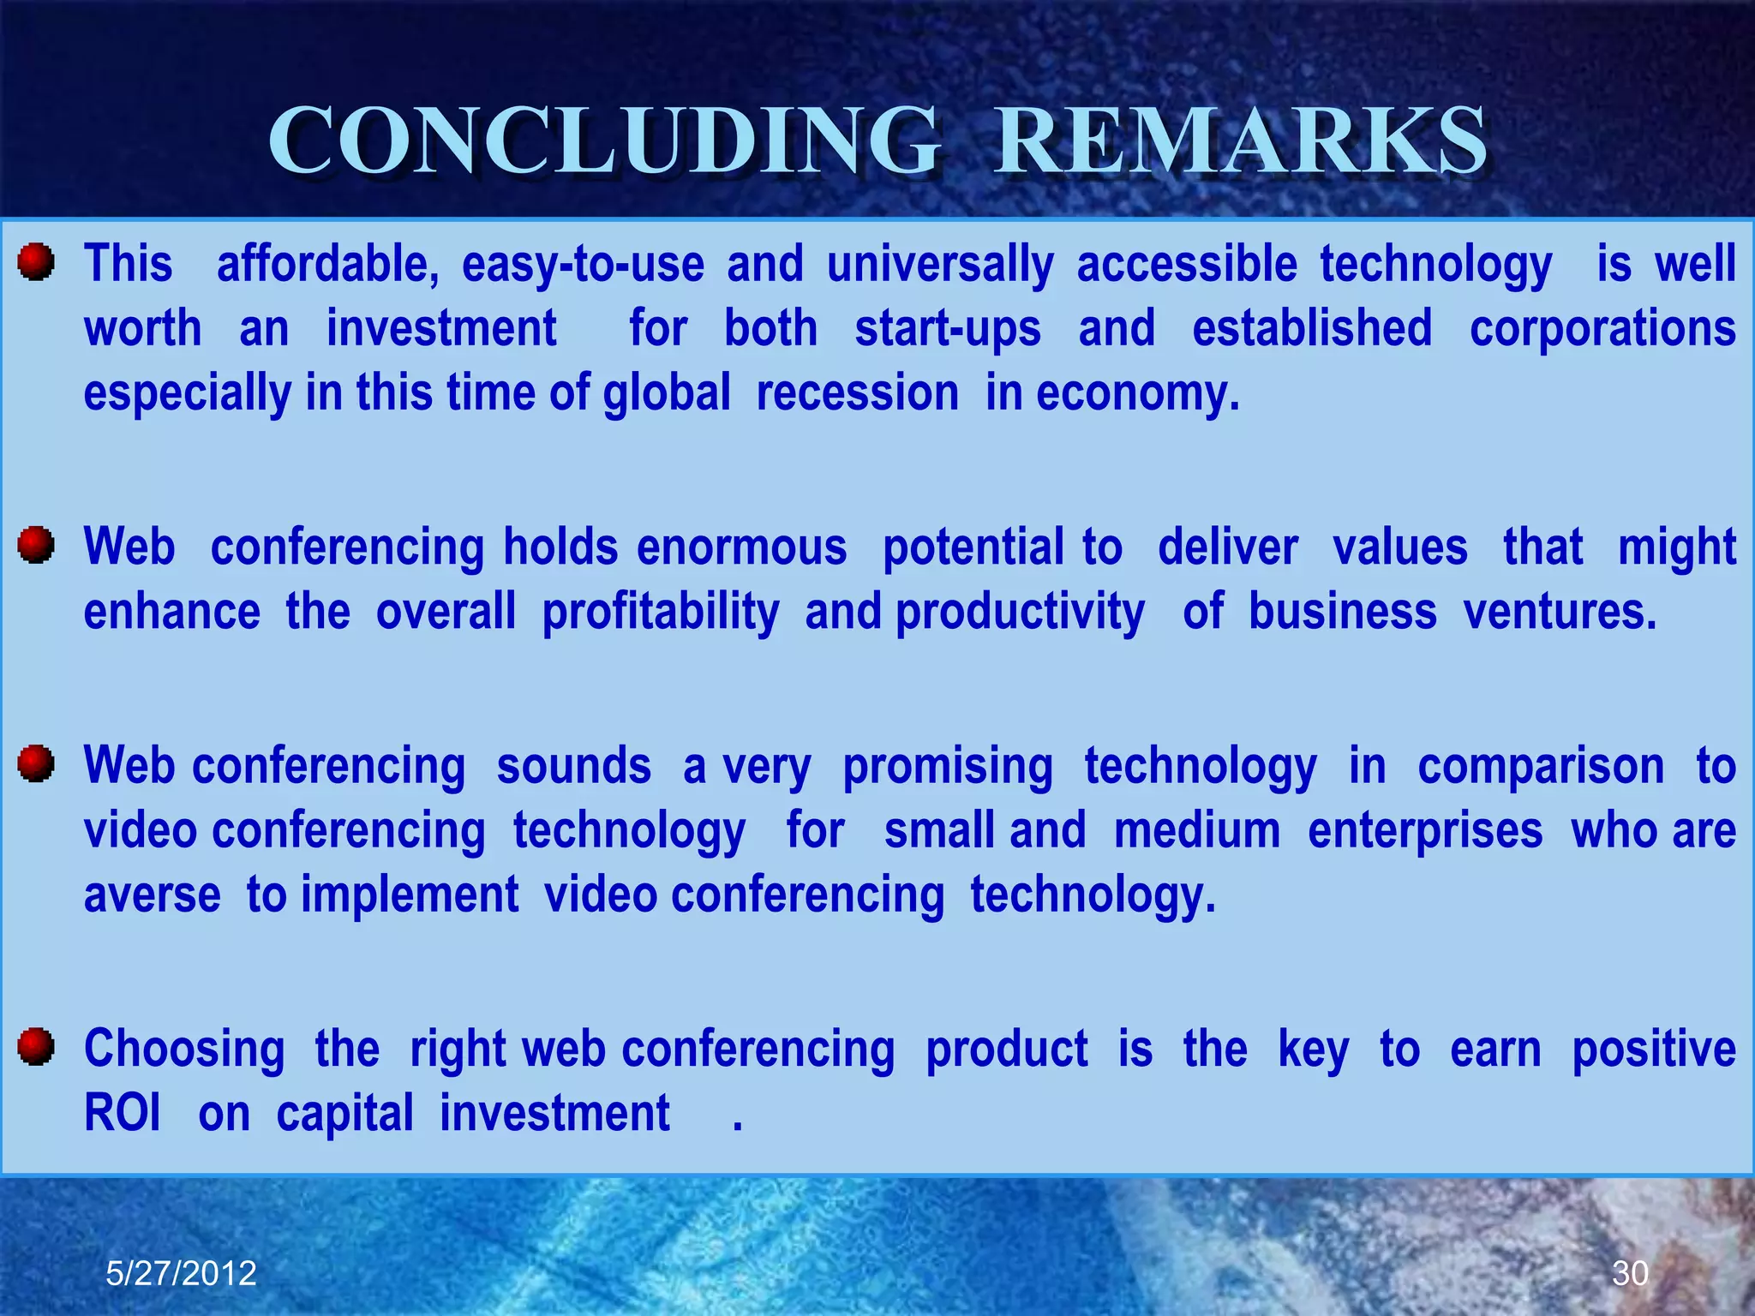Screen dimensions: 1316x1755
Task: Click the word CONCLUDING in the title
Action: pyautogui.click(x=605, y=141)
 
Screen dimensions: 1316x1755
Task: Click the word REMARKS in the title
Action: pyautogui.click(x=1241, y=141)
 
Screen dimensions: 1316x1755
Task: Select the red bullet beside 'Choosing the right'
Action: pyautogui.click(x=36, y=1046)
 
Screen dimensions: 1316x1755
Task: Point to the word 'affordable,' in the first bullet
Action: pyautogui.click(x=327, y=264)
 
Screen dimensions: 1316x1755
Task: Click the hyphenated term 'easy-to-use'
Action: pyautogui.click(x=583, y=264)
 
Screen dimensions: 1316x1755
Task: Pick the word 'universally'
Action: pyautogui.click(x=940, y=264)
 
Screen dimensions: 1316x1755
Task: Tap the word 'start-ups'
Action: pyautogui.click(x=948, y=329)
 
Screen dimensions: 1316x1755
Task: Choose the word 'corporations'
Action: pyautogui.click(x=1602, y=329)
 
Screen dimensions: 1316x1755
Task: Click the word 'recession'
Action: pyautogui.click(x=857, y=393)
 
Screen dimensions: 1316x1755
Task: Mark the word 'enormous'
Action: pyautogui.click(x=741, y=547)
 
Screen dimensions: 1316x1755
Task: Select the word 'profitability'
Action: pyautogui.click(x=661, y=613)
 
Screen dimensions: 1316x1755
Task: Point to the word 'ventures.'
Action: pyautogui.click(x=1560, y=613)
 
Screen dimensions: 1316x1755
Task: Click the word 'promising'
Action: pyautogui.click(x=948, y=767)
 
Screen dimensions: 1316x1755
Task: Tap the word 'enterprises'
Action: pyautogui.click(x=1425, y=831)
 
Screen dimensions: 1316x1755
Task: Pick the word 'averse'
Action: pyautogui.click(x=153, y=895)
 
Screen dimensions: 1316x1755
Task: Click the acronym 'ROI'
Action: pyautogui.click(x=123, y=1114)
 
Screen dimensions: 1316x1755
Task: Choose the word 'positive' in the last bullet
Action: pyautogui.click(x=1653, y=1050)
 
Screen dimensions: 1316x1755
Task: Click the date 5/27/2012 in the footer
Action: pyautogui.click(x=181, y=1273)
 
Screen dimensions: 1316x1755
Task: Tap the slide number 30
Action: pyautogui.click(x=1630, y=1273)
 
